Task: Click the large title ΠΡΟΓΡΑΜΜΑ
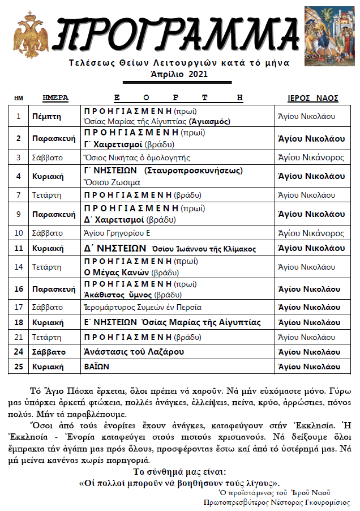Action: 172,33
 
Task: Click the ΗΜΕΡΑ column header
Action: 55,97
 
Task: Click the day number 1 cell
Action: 19,116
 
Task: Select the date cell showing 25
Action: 19,366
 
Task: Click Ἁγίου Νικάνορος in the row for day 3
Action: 311,157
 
